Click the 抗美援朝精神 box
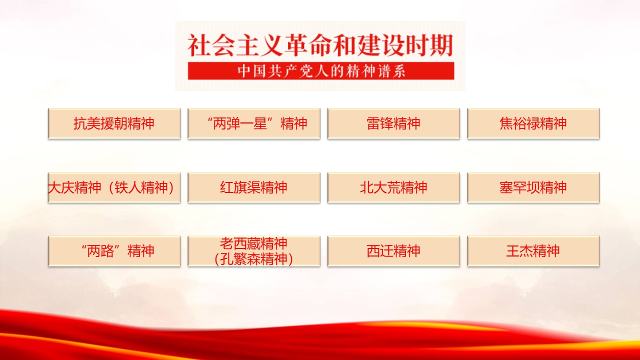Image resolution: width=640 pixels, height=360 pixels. tap(114, 123)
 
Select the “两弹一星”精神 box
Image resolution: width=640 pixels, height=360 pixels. tap(254, 123)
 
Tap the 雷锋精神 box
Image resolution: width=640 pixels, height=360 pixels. tap(393, 123)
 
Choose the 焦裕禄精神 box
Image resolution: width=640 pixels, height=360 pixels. tap(533, 123)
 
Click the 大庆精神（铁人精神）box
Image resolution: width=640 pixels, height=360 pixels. tap(114, 187)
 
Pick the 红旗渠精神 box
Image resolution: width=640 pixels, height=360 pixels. tap(254, 187)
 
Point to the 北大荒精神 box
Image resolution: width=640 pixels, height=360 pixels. tap(393, 187)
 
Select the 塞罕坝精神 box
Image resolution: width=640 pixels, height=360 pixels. tap(533, 187)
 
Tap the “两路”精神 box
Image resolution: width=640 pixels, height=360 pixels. tap(114, 251)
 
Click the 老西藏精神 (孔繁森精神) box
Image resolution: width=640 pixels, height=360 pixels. tap(254, 251)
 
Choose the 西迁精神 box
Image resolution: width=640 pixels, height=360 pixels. tap(393, 251)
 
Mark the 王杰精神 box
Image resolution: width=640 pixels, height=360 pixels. tap(533, 251)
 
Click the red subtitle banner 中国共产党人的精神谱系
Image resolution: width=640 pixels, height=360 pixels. tap(321, 71)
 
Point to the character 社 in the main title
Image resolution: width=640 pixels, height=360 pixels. tap(199, 45)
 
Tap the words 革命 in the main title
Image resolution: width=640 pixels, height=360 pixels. tap(308, 45)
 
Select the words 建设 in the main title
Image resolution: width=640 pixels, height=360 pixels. tap(381, 45)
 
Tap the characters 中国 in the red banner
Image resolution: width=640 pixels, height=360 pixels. tap(251, 71)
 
